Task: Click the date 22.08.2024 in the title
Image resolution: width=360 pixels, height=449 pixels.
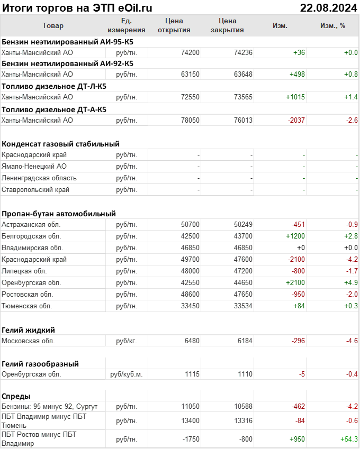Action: coord(328,7)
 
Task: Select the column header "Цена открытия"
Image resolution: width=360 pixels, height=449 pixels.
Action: coord(174,25)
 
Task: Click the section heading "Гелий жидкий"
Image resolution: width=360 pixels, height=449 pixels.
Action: coord(29,330)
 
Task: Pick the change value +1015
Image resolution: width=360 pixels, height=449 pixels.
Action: coord(295,97)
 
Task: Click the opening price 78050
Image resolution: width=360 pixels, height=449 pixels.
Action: coord(190,120)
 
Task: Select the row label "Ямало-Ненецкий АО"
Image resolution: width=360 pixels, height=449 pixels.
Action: coord(34,166)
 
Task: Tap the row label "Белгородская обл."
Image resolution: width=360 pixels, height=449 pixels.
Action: coord(31,236)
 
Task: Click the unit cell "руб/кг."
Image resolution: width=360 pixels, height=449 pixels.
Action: coord(127,341)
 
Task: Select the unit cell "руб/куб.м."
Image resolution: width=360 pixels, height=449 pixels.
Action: coord(127,374)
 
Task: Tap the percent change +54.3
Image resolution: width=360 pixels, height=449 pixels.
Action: coord(348,439)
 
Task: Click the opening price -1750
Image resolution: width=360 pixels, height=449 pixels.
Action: coord(190,439)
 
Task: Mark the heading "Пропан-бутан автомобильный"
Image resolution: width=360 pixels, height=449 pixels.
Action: coord(59,214)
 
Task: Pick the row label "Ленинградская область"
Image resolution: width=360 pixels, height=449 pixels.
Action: coord(39,178)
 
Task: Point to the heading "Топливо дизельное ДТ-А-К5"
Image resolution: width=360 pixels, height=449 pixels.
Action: coord(54,109)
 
